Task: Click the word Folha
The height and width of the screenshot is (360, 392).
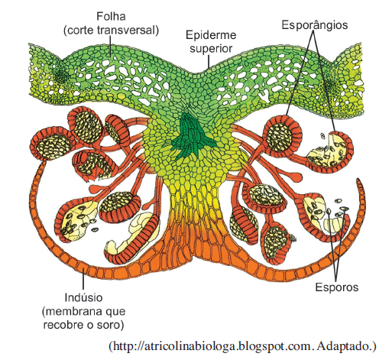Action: click(x=111, y=16)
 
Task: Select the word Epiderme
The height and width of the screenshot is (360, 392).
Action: click(x=211, y=35)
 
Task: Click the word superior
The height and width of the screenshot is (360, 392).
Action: click(x=211, y=48)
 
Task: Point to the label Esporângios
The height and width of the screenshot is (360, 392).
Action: click(x=315, y=25)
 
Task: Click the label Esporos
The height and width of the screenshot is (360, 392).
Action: click(x=337, y=287)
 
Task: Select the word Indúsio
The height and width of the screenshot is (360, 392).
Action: click(x=83, y=297)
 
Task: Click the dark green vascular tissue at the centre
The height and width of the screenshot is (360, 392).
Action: click(x=193, y=137)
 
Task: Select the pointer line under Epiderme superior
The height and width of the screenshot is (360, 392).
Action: click(x=209, y=62)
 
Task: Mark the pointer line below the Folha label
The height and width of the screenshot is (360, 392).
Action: click(x=110, y=46)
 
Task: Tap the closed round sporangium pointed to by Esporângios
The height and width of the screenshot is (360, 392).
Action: click(x=282, y=136)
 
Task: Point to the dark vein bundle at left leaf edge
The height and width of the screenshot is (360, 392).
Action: click(x=61, y=75)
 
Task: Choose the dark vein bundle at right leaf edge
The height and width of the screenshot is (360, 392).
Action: click(x=332, y=86)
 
